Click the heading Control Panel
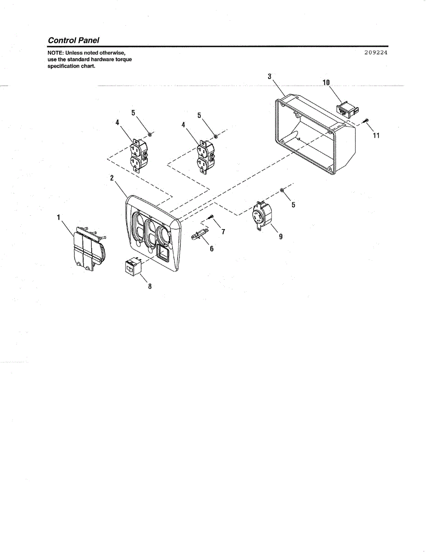pos(73,40)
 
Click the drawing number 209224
pos(375,52)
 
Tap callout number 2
pos(112,178)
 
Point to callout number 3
pos(270,76)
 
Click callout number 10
pos(326,83)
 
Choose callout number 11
pos(376,136)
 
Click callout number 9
pos(281,237)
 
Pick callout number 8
pos(149,286)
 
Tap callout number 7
pos(223,231)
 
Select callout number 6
pos(211,249)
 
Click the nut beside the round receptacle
pos(281,190)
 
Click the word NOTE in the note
pos(55,53)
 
